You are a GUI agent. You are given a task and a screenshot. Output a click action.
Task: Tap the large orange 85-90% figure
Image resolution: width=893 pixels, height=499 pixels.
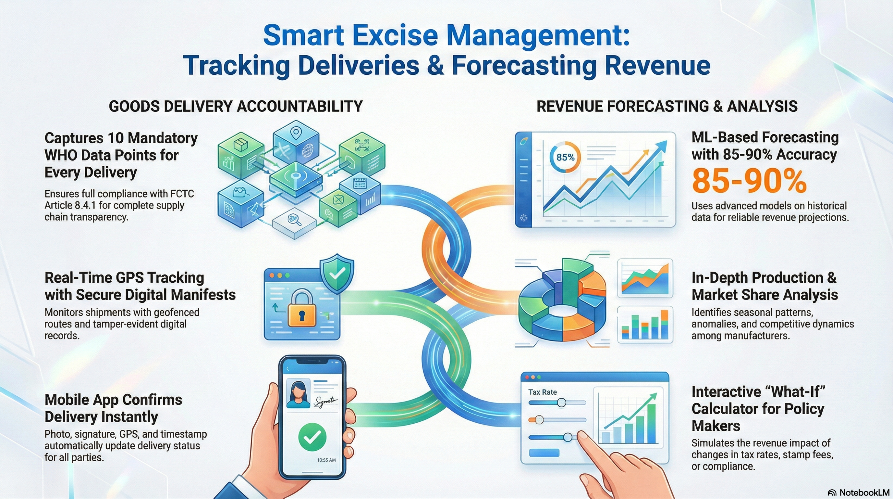point(749,181)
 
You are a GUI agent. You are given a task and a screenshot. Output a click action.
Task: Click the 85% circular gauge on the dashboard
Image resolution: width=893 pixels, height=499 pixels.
point(565,157)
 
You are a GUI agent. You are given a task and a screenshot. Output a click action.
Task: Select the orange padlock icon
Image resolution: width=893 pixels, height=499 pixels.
point(301,308)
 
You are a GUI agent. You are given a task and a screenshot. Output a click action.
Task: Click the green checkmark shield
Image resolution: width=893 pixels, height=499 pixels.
point(336,275)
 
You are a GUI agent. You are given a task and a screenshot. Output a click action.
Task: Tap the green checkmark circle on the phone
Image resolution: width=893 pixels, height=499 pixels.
point(312,437)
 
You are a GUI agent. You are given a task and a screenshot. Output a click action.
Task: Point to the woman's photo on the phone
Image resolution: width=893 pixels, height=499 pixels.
point(298,394)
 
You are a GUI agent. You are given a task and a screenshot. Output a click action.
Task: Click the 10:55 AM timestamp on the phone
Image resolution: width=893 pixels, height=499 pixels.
point(326,460)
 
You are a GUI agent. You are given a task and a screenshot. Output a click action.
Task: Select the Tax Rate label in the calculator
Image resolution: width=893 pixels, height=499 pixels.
point(543,392)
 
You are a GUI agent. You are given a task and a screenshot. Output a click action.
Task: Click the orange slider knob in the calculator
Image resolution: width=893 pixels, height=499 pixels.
point(539,420)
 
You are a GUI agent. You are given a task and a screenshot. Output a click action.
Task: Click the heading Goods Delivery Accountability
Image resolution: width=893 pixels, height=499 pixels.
point(236,106)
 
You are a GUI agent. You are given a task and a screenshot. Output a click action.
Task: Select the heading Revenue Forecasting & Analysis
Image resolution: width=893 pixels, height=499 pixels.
point(667,106)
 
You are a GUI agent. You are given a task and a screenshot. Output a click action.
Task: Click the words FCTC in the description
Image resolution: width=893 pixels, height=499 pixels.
point(182,194)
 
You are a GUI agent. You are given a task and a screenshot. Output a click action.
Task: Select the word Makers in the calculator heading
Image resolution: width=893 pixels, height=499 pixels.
point(716,426)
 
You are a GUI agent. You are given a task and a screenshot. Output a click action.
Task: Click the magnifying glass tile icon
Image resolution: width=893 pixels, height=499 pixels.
point(294,219)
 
